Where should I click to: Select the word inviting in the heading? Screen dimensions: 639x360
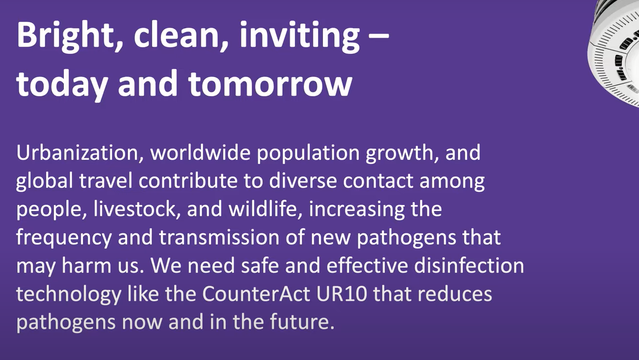click(x=299, y=36)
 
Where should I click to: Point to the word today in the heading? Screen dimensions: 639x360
click(x=62, y=85)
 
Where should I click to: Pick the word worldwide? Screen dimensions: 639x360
click(x=200, y=153)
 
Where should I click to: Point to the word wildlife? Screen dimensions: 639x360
click(x=266, y=208)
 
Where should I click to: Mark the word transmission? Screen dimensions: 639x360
click(x=219, y=237)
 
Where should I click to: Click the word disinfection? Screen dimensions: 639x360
click(x=469, y=265)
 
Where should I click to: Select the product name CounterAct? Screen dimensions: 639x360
click(x=256, y=294)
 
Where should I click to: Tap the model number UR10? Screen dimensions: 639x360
click(x=342, y=294)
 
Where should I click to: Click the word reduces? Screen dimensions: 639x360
click(x=455, y=294)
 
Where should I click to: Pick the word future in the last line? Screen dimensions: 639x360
click(x=302, y=322)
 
